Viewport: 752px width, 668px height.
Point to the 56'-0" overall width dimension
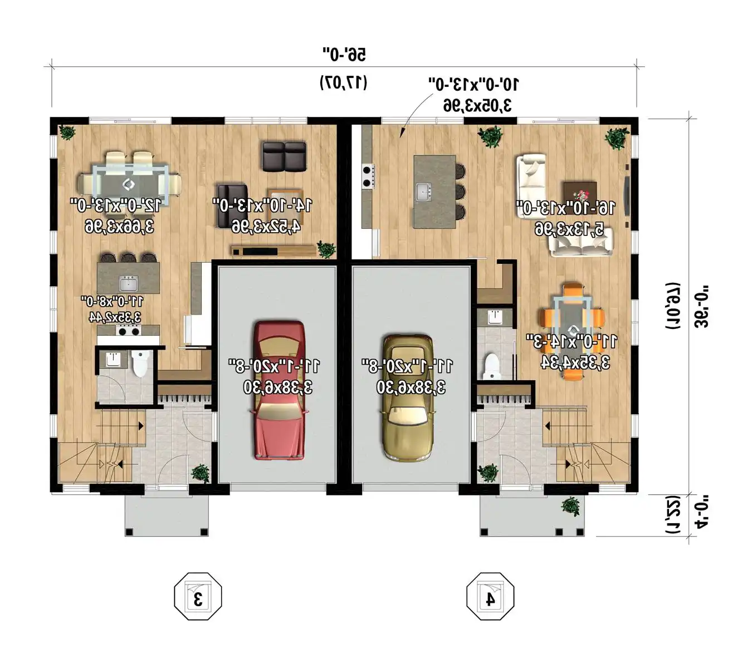[344, 55]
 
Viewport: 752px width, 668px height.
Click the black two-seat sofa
[284, 156]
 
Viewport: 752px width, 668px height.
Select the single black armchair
[232, 205]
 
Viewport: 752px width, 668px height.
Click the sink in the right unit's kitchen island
[423, 192]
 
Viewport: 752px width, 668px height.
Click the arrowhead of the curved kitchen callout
[401, 135]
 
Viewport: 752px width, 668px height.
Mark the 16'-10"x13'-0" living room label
[566, 208]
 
